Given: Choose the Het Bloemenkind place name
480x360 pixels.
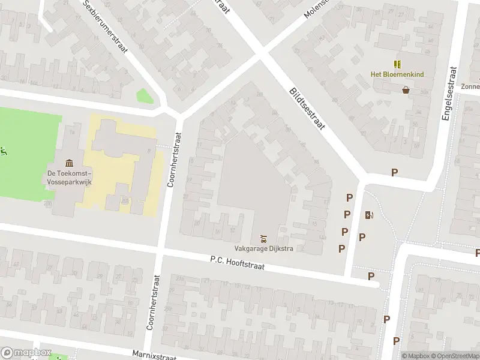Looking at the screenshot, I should pos(396,74).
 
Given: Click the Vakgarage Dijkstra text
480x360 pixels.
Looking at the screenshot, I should pos(263,250).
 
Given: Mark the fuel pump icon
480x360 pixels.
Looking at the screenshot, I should pos(368,215).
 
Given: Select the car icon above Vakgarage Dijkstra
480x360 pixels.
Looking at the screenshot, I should pos(263,239).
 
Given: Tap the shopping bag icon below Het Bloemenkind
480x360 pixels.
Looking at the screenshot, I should pos(406,90).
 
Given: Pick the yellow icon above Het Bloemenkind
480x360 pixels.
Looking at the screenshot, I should pos(396,64).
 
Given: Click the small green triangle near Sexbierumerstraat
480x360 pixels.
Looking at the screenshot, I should pos(143,96).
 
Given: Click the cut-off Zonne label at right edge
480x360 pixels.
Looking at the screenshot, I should pos(470,86).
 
